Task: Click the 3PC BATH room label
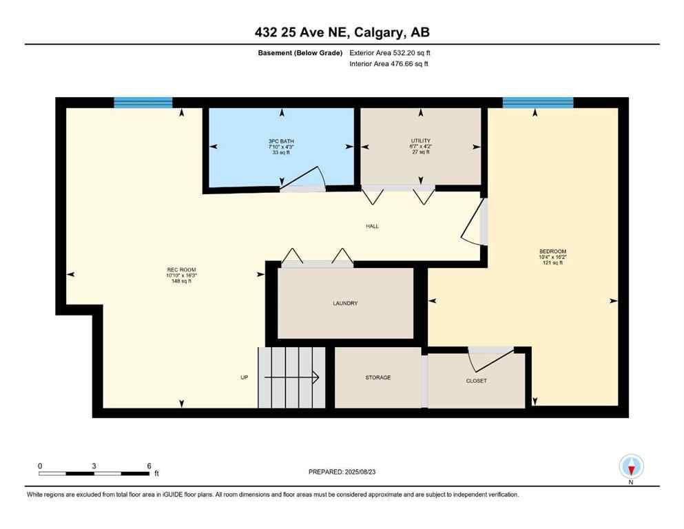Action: pos(280,141)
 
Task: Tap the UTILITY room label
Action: pos(420,141)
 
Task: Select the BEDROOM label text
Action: pos(552,251)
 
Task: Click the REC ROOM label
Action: pos(176,269)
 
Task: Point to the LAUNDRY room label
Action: pos(345,303)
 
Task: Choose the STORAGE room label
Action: pos(377,377)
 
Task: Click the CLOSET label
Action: pos(476,380)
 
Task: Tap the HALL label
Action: pos(372,226)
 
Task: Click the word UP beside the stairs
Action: pos(244,377)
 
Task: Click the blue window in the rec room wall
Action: pos(143,103)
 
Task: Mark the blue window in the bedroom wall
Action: pos(537,103)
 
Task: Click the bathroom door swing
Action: pos(303,178)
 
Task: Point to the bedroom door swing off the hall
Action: pos(473,222)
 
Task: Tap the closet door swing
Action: pos(489,358)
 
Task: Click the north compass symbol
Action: pos(631,467)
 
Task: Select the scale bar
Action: pos(94,473)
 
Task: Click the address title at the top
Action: pos(342,32)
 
